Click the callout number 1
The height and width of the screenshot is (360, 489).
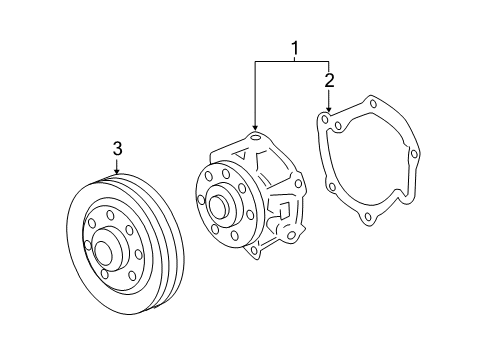pyautogui.click(x=295, y=48)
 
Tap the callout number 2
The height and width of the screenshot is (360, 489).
pyautogui.click(x=329, y=81)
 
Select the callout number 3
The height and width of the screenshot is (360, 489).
pyautogui.click(x=118, y=148)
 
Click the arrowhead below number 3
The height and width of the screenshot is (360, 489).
pyautogui.click(x=117, y=171)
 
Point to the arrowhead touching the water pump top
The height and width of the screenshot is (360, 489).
pyautogui.click(x=255, y=127)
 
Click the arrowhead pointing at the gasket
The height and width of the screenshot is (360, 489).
pyautogui.click(x=329, y=109)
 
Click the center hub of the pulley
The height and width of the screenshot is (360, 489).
pyautogui.click(x=103, y=253)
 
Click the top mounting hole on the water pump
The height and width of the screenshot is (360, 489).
pyautogui.click(x=256, y=136)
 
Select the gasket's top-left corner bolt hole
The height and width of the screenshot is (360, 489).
pyautogui.click(x=324, y=118)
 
